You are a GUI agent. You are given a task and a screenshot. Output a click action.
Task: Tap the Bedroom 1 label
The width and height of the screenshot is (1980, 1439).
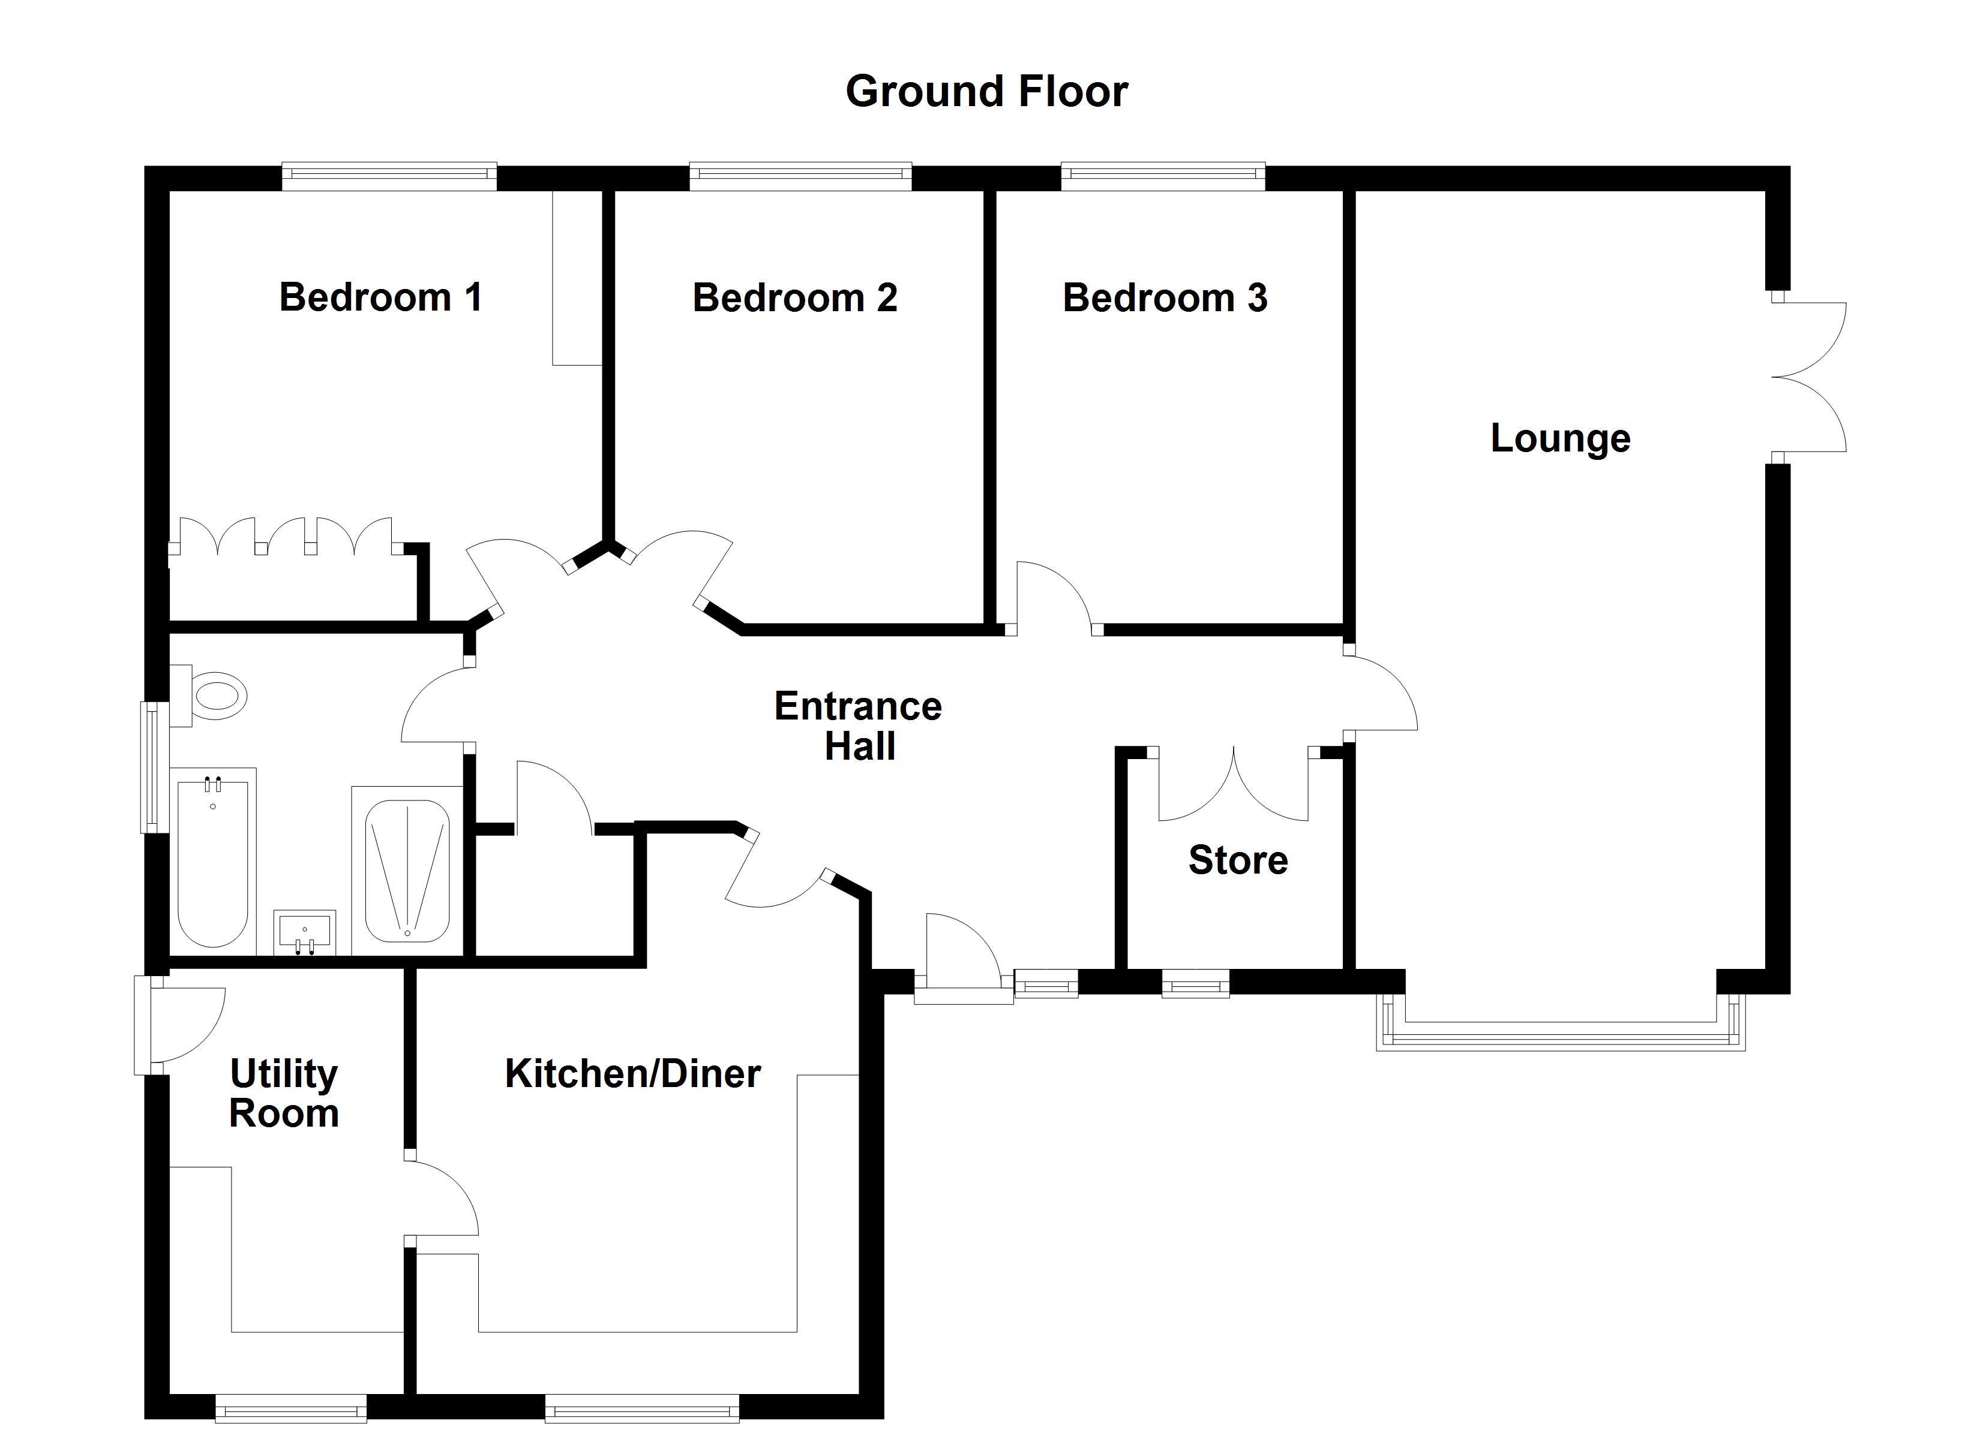[x=380, y=297]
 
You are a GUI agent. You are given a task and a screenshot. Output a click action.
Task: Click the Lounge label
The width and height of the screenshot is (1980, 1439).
[x=1560, y=438]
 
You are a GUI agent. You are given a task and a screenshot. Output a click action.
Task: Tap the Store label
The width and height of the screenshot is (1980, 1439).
[x=1238, y=860]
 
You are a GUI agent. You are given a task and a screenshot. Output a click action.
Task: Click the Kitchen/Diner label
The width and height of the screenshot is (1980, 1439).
[x=633, y=1073]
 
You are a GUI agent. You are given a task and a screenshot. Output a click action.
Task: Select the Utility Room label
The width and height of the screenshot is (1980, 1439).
[x=284, y=1094]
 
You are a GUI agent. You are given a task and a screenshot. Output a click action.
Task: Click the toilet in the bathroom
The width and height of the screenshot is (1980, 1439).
[x=214, y=696]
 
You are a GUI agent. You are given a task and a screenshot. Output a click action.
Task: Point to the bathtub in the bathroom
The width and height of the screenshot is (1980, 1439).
[x=213, y=860]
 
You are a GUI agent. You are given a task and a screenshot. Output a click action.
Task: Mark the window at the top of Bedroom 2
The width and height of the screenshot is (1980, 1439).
[x=800, y=176]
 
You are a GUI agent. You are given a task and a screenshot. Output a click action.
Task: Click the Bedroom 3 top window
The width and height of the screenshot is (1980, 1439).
[x=1163, y=176]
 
